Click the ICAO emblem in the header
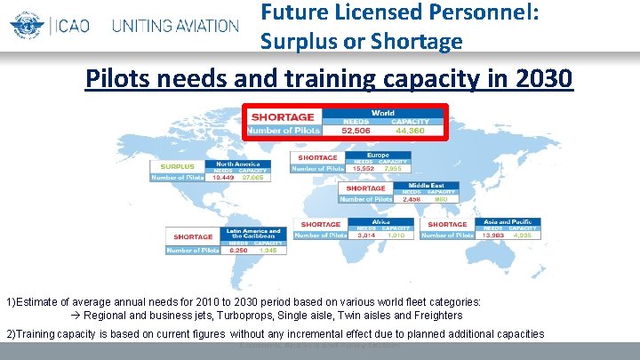25,23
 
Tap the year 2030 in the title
542,78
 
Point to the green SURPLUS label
177,165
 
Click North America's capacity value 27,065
252,178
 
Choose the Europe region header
378,155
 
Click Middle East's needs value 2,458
412,199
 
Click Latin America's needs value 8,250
237,251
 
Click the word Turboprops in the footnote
229,316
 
